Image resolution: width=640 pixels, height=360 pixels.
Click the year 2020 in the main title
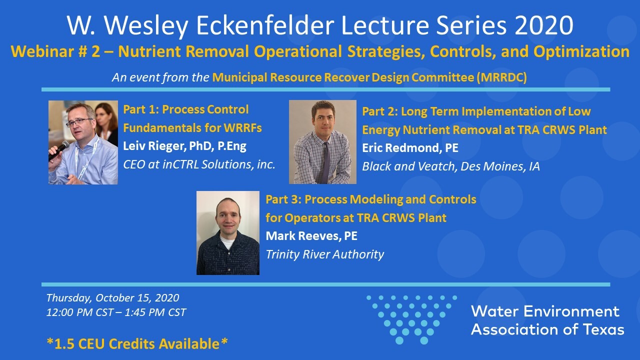click(x=544, y=25)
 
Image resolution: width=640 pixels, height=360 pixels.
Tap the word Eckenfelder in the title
click(x=265, y=25)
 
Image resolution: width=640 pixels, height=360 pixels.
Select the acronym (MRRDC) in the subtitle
click(x=501, y=77)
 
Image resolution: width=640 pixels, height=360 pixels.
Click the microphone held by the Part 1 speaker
click(x=59, y=150)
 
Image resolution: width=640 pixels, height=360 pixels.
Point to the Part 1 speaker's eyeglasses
click(x=79, y=122)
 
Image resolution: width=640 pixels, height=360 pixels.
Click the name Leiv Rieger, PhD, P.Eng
click(x=184, y=146)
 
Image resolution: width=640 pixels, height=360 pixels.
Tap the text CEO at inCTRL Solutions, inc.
click(x=199, y=164)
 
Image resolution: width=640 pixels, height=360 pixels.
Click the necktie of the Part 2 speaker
click(x=325, y=162)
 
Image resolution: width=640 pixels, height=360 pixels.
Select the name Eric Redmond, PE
click(x=410, y=148)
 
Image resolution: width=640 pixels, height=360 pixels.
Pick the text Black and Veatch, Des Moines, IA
click(x=451, y=166)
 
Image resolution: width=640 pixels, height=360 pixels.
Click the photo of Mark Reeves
click(x=228, y=233)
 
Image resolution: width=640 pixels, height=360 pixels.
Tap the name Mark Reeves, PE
click(x=311, y=236)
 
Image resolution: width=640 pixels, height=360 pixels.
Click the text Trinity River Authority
click(x=325, y=254)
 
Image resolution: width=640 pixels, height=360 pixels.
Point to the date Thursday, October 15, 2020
click(x=112, y=298)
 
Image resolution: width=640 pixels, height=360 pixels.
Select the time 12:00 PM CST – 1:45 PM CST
click(x=116, y=312)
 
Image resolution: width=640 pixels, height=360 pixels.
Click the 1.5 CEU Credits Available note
click(x=137, y=343)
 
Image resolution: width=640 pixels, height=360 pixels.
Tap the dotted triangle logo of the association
click(x=411, y=319)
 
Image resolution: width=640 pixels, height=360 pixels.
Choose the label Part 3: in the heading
click(x=283, y=199)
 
